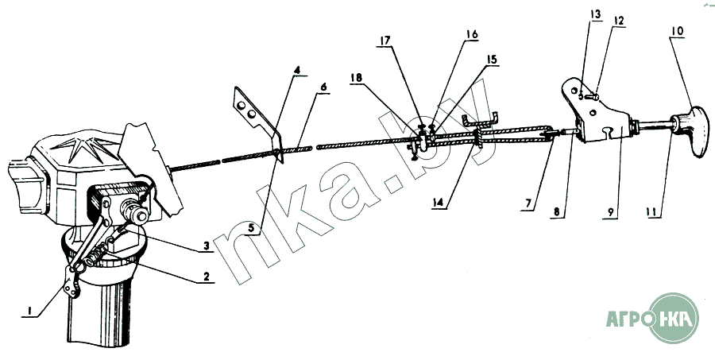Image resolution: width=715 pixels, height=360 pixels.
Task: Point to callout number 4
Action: point(296,71)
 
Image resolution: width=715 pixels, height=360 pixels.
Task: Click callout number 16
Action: point(472,34)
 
